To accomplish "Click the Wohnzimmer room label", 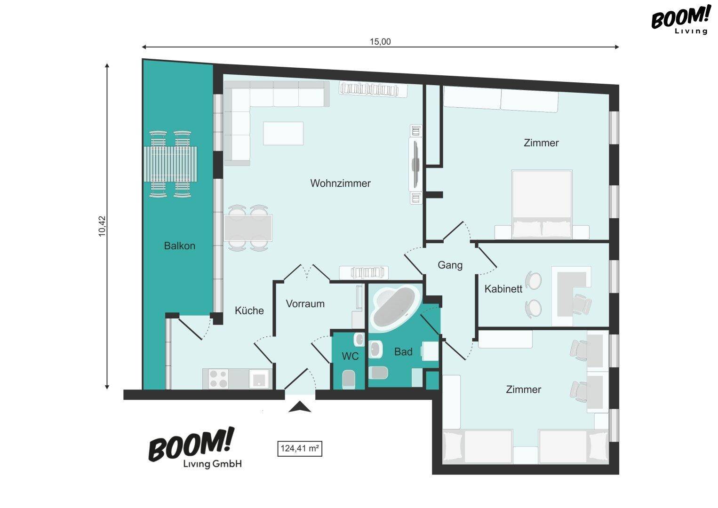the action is pos(340,183).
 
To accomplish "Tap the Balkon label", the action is pos(180,246).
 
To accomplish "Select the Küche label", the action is pos(249,310).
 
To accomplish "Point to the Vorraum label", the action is pos(305,303).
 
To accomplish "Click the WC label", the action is pos(350,356).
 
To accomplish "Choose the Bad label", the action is pos(403,351).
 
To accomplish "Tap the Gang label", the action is pos(450,265).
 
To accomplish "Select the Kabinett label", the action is pos(503,289).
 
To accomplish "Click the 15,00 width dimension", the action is pos(380,42).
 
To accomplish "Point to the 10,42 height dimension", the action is pos(102,226).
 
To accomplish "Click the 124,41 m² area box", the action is pos(300,448).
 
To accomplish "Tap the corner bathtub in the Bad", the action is pos(395,308).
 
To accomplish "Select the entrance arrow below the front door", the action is pos(300,407).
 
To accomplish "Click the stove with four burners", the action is pos(218,379).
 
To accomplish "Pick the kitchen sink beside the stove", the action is pos(259,379).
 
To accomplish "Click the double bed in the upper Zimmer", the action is pos(542,204).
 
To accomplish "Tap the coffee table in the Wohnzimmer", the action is pos(283,133).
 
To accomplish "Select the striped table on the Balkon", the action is pos(170,164).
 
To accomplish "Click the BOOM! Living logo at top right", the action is pos(680,20).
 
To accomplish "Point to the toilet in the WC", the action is pos(349,379).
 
